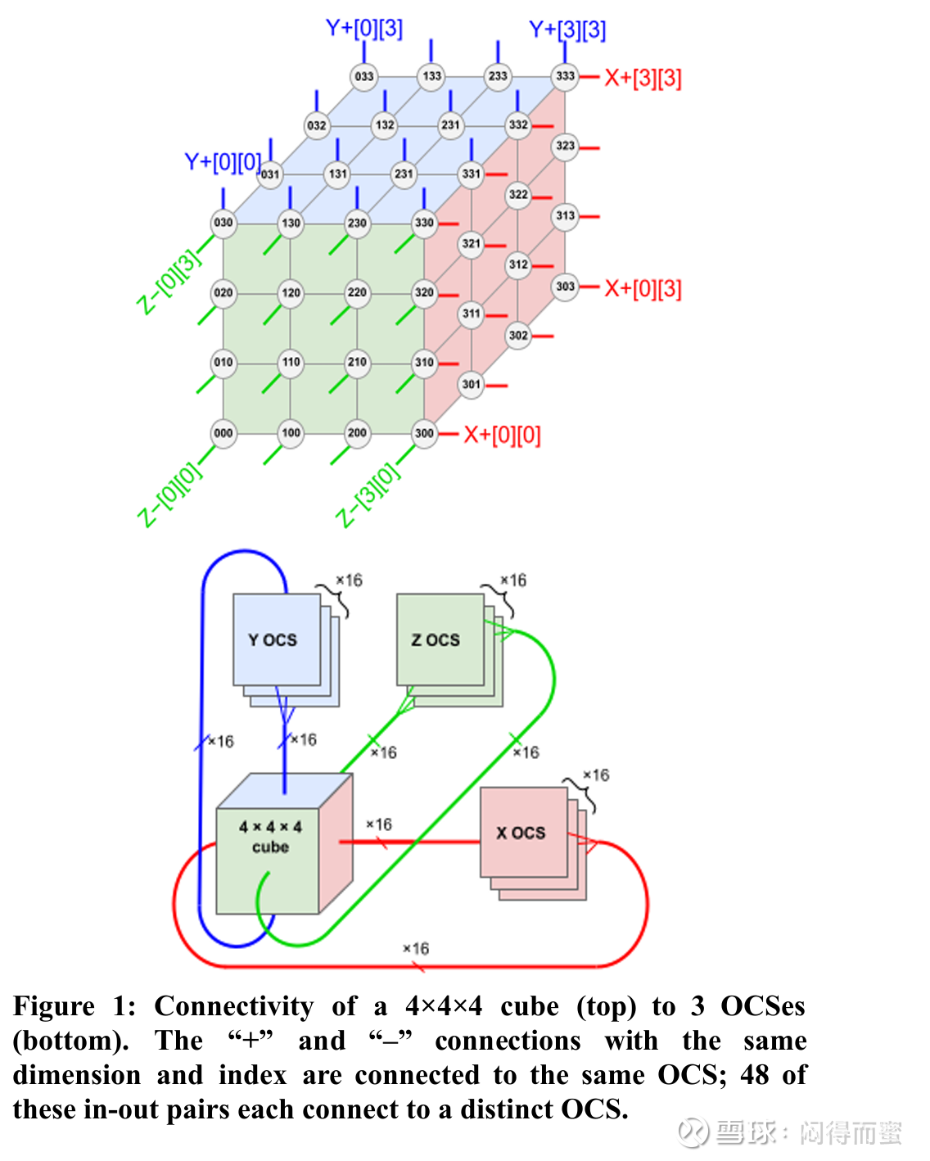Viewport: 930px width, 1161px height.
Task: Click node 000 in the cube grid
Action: (x=223, y=433)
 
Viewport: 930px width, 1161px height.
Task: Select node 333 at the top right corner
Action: (x=565, y=76)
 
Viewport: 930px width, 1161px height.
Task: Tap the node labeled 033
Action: (x=364, y=76)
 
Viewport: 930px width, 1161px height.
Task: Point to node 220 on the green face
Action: (x=357, y=292)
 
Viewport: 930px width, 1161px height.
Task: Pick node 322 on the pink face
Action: (x=518, y=195)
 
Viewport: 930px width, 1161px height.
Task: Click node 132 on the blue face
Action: (x=384, y=125)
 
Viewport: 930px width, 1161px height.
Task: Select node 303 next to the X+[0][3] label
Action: (x=565, y=287)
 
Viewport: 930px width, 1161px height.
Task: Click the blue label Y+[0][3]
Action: (x=364, y=29)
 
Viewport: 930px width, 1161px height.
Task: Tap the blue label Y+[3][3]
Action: (x=567, y=30)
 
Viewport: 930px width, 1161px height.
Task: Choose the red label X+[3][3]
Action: (x=643, y=79)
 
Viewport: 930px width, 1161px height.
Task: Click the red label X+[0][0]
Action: (x=502, y=435)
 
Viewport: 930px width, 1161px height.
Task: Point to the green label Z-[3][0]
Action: (x=369, y=495)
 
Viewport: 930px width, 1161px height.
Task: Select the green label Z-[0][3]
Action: (x=169, y=281)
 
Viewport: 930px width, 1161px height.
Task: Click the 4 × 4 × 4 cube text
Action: (x=270, y=837)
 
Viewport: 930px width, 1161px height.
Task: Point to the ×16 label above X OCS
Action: (x=595, y=775)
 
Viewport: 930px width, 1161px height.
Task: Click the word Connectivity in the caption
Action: (x=233, y=1006)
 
